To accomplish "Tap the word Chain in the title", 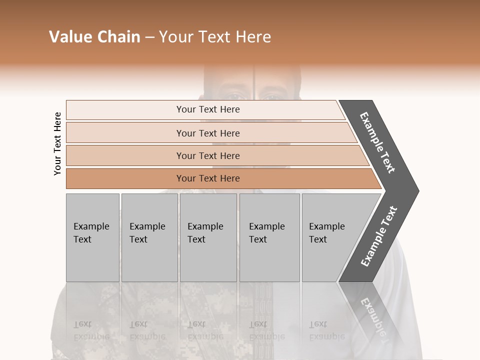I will point(118,37).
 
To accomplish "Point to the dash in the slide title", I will point(149,37).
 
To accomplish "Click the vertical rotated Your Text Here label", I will point(57,143).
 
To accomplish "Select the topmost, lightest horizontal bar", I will point(205,109).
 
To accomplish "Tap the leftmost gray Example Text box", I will point(92,237).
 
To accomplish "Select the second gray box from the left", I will point(149,237).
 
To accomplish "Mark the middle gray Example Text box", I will point(208,237).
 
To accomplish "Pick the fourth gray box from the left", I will point(269,237).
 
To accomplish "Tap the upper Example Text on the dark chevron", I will point(378,142).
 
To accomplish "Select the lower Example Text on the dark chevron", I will point(379,236).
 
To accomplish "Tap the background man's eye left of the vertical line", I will point(233,95).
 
